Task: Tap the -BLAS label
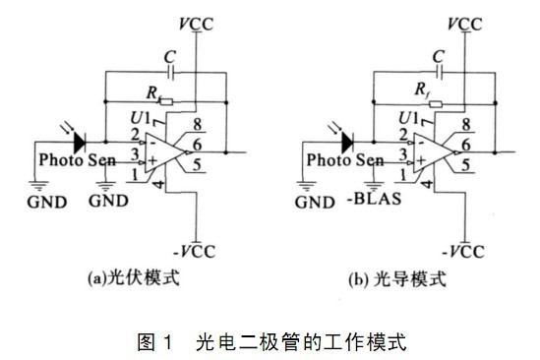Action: [375, 199]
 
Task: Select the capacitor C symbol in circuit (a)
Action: [170, 73]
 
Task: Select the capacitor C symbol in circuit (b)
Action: [439, 73]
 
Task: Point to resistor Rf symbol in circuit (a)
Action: [167, 102]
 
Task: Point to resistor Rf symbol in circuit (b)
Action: [436, 103]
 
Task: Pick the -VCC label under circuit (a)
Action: [194, 252]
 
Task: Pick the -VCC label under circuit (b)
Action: [463, 252]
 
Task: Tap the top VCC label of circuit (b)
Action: [465, 25]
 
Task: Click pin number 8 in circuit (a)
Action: [197, 124]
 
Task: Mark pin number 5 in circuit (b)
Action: [465, 165]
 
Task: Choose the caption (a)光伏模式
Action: [134, 277]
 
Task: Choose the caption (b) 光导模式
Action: [397, 278]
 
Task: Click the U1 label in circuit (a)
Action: [141, 118]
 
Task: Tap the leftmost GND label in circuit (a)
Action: [47, 203]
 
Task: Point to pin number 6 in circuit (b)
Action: [465, 145]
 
